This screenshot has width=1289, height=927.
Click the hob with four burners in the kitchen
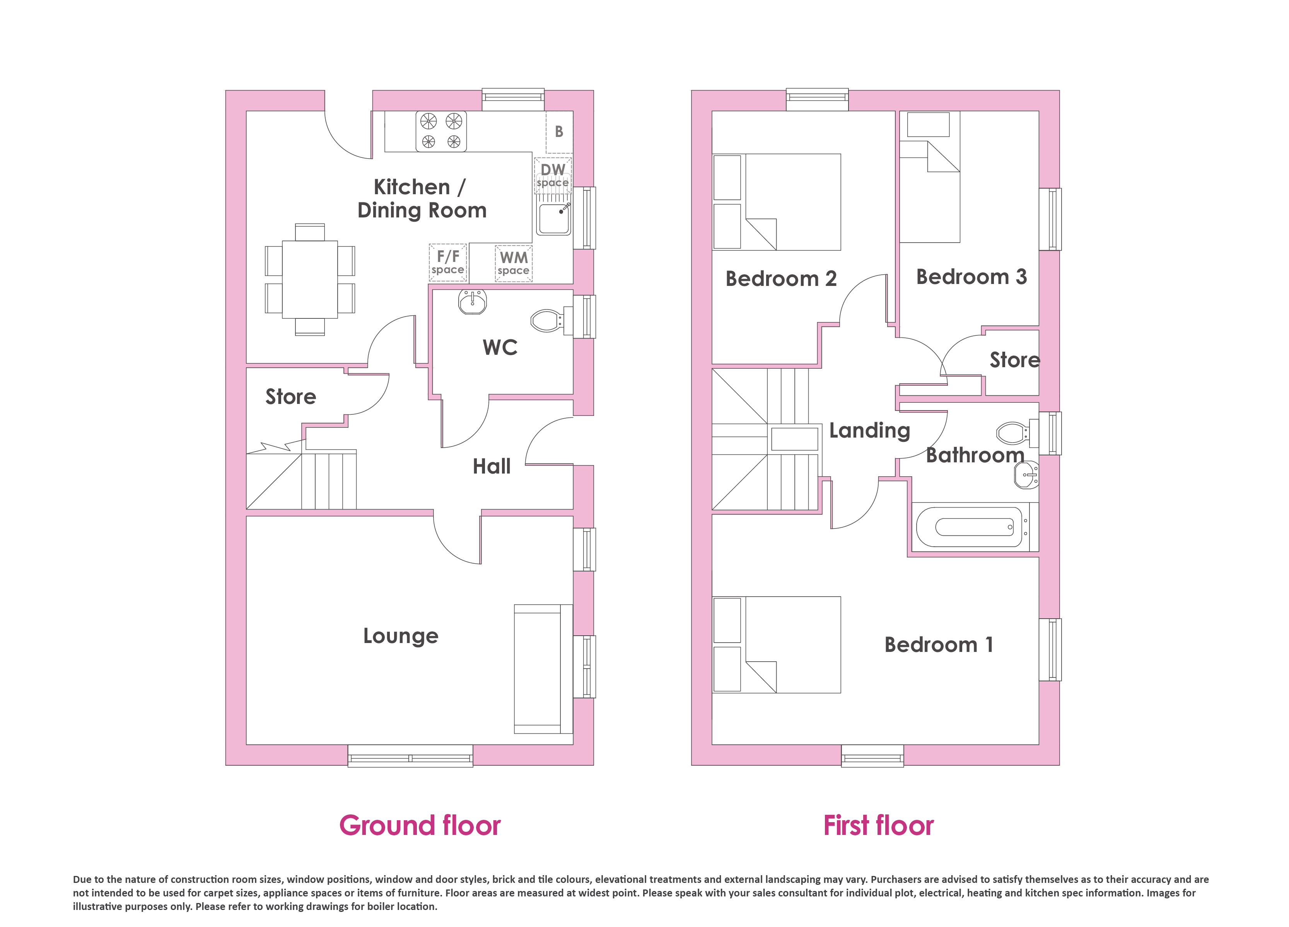(441, 132)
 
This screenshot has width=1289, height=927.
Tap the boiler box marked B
(559, 132)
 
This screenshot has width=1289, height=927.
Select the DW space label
(552, 175)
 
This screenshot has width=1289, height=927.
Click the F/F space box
(448, 262)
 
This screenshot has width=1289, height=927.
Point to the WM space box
(514, 263)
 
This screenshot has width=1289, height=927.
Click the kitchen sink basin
(553, 219)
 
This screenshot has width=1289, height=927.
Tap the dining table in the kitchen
(310, 279)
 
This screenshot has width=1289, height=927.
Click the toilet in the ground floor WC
(550, 321)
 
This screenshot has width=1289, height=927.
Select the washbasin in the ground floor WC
(472, 302)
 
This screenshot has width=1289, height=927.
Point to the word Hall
(492, 466)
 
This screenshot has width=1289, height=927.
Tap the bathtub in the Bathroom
(974, 527)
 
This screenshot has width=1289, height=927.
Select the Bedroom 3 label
(971, 277)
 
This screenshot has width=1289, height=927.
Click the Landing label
(869, 431)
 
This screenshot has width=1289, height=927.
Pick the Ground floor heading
(420, 825)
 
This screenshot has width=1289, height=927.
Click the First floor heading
(879, 825)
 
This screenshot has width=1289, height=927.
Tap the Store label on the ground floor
(290, 397)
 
